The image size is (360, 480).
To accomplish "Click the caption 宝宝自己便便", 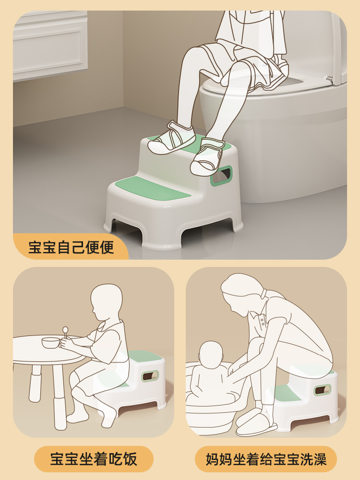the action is click(71, 247).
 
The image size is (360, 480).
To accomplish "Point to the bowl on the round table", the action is click(50, 342).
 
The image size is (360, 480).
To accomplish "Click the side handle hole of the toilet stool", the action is click(221, 176).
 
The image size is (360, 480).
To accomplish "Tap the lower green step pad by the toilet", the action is click(153, 188).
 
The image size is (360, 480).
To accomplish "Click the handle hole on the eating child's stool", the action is click(150, 376).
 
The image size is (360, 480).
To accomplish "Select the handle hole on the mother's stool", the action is click(323, 390).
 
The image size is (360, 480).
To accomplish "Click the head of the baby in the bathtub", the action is click(211, 355).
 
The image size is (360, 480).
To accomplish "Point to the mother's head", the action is click(242, 294).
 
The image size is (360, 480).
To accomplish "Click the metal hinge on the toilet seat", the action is click(329, 79).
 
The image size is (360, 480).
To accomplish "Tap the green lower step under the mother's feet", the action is click(286, 394).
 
